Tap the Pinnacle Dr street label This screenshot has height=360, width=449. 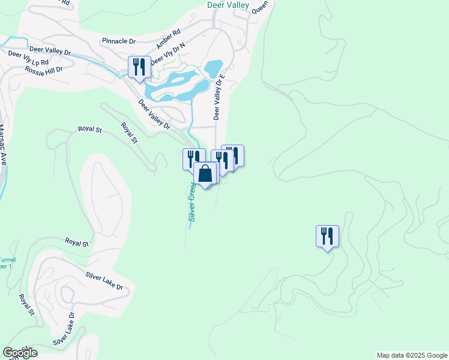pyautogui.click(x=119, y=41)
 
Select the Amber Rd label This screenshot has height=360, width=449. pyautogui.click(x=168, y=40)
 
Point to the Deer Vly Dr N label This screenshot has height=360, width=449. pyautogui.click(x=167, y=54)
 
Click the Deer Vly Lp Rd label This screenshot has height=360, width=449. pyautogui.click(x=28, y=62)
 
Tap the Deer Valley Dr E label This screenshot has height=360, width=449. pyautogui.click(x=218, y=97)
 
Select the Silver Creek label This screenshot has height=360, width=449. pyautogui.click(x=192, y=202)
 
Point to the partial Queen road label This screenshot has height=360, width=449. pyautogui.click(x=260, y=7)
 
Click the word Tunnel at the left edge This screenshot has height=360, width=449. pyautogui.click(x=7, y=260)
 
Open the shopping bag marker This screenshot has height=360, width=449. pyautogui.click(x=205, y=173)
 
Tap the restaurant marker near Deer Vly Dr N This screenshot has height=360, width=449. pyautogui.click(x=139, y=67)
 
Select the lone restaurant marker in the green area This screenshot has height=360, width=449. pyautogui.click(x=327, y=235)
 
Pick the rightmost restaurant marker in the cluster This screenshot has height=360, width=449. pyautogui.click(x=234, y=155)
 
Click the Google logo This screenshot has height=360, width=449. pyautogui.click(x=20, y=353)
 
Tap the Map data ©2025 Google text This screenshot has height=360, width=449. pyautogui.click(x=412, y=355)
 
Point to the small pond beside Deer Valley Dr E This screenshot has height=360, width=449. pyautogui.click(x=213, y=68)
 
